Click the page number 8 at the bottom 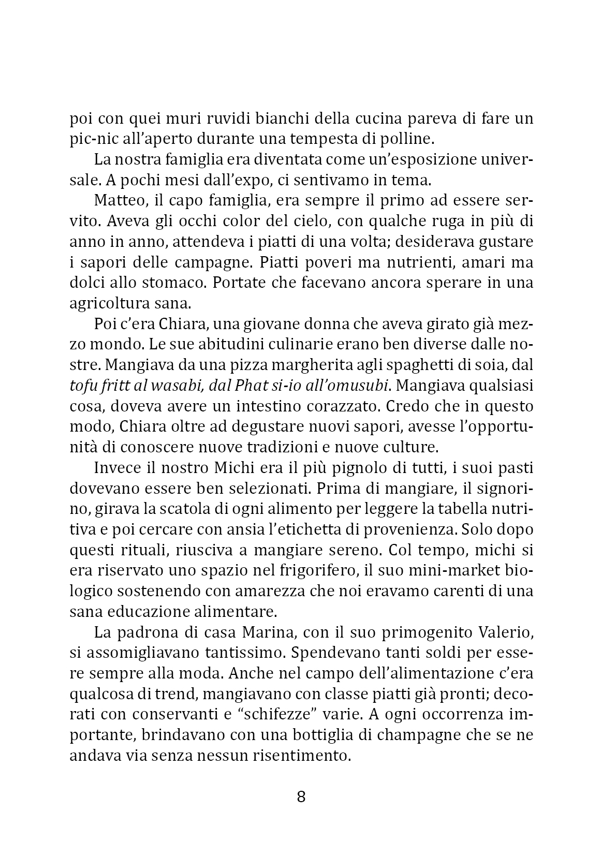(301, 797)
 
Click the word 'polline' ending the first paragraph (405, 139)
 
